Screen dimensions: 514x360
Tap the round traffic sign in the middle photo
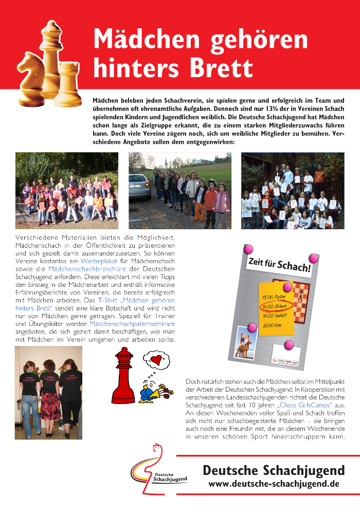coord(151,159)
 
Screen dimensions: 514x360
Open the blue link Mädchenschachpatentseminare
coord(132,324)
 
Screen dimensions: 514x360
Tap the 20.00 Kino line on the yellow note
coord(273,325)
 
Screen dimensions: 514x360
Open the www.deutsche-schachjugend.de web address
coord(274,484)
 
